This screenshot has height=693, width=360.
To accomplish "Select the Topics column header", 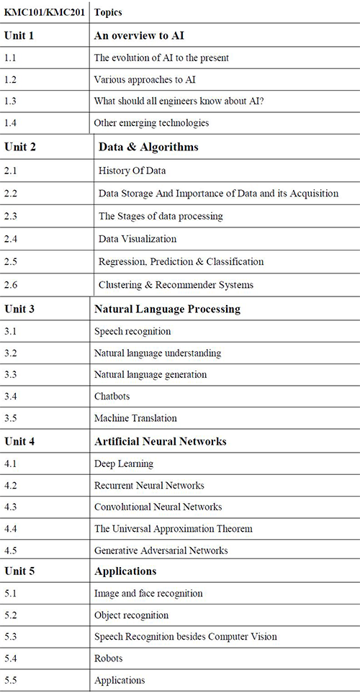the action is point(108,12).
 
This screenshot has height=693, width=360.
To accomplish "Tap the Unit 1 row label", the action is point(19,36).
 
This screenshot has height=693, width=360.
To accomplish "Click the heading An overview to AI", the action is point(139,36).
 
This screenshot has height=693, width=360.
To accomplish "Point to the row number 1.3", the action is point(10,101).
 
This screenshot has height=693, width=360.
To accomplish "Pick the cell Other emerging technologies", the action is point(151,122).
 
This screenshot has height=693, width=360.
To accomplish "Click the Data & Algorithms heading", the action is point(148,147).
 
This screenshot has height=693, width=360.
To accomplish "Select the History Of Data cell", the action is point(132,170).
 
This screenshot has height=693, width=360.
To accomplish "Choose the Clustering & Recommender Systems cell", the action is point(176,284).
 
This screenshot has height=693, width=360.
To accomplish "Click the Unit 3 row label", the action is point(19,309).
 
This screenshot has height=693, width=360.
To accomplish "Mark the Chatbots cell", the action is point(112,396).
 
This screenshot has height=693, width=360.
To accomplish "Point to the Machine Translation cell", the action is point(135,417).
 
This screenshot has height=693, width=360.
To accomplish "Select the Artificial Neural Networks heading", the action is point(161,441).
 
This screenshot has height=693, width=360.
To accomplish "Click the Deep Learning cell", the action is point(124,463).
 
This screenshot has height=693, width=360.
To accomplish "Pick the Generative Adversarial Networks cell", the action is point(161,551).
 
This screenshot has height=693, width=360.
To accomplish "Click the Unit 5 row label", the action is point(19,571).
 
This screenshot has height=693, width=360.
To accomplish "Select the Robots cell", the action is point(108,658).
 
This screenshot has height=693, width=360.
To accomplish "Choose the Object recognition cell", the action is point(131,615).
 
